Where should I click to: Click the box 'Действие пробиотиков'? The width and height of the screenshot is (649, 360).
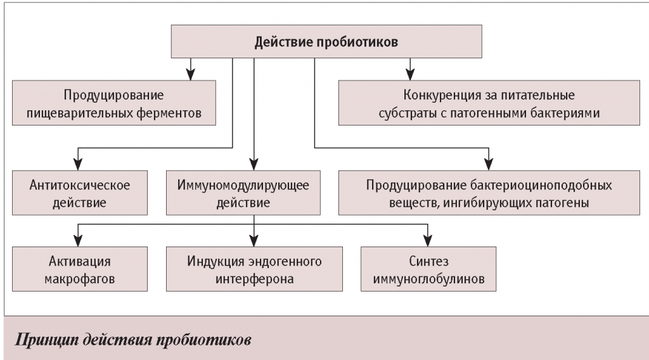(326, 42)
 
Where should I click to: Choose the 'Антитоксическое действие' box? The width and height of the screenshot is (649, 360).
(80, 195)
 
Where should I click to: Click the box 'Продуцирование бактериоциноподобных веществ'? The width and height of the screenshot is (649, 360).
(489, 195)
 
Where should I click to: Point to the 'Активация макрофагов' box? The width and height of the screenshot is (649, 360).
(80, 269)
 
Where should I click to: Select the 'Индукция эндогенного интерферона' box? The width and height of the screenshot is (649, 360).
(254, 269)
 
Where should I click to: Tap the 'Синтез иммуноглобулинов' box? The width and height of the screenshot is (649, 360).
(428, 269)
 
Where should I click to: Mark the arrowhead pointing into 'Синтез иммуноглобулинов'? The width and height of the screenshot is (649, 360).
(428, 241)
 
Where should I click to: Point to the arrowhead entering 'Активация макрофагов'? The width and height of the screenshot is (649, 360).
(77, 241)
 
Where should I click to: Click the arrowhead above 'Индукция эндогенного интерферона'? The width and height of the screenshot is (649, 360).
(254, 241)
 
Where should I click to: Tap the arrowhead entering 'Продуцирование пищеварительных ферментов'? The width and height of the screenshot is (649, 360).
(190, 73)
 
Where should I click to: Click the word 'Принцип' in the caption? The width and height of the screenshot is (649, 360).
(42, 337)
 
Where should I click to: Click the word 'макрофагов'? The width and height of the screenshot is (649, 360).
(80, 278)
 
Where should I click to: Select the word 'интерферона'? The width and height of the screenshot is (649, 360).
(254, 278)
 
